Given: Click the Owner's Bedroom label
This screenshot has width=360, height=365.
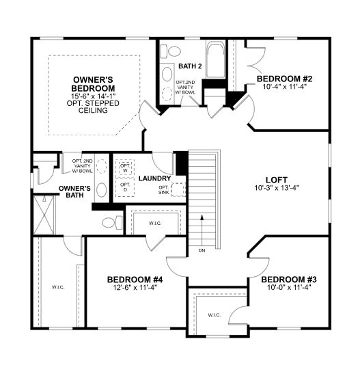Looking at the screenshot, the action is tap(93, 84).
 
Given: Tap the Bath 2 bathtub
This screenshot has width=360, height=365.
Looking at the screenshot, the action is tap(215, 59).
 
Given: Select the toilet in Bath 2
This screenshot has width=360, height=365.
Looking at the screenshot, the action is tap(171, 51).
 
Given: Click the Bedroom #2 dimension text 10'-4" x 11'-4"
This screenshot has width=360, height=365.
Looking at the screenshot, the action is tap(284, 87).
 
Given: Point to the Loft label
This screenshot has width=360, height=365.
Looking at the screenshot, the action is tap(277, 180).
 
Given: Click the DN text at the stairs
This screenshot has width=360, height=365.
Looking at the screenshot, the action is tap(202, 251).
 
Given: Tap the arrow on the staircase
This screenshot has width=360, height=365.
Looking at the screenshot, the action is tap(202, 230).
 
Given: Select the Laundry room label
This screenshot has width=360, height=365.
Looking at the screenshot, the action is tap(155, 178).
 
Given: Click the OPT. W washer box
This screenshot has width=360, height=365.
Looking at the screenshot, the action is tap(125, 167).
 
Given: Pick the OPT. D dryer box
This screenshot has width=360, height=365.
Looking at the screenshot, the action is tap(125, 187).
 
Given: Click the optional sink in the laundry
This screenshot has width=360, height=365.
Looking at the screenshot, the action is tap(178, 189).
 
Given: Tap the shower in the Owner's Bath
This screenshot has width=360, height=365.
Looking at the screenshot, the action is tap(44, 215).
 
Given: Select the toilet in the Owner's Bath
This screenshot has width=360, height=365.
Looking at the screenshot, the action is tap(112, 223).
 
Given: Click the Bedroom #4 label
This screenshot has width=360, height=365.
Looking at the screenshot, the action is tap(135, 280).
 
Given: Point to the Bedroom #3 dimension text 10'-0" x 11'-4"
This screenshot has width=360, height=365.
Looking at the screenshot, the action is tap(289, 288).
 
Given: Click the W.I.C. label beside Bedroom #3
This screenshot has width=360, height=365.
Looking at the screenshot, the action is tap(214, 315).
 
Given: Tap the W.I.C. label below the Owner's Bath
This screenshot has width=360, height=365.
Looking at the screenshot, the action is tap(58, 287).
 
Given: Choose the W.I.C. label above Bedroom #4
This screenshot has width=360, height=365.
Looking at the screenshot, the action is tap(155, 224).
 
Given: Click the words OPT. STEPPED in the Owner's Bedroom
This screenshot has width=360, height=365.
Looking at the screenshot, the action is tap(93, 103).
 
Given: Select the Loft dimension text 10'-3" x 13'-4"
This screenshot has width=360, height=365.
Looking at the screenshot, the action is tap(277, 187).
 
